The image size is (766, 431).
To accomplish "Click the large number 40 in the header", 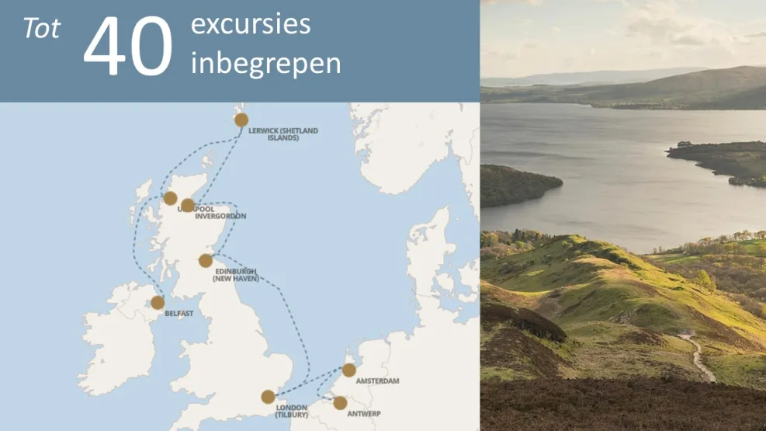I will tap(128, 48).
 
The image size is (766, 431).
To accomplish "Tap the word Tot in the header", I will tap(42, 30).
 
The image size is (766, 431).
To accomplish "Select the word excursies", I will tap(250, 25).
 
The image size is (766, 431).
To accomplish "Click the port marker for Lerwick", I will tap(241, 120).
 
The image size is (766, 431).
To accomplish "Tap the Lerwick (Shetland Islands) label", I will tap(283, 134).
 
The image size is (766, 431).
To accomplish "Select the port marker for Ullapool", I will tap(170, 198).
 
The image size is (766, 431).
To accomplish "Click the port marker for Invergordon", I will tap(188, 205).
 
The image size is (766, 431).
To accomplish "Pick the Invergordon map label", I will tap(220, 217).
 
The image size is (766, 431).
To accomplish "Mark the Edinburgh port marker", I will tap(206, 260).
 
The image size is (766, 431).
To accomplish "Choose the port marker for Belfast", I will tap(158, 302).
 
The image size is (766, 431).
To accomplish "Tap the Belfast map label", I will tap(179, 315).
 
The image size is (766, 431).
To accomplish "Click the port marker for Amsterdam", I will tap(349, 370).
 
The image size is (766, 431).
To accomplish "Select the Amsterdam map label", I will tap(377, 381).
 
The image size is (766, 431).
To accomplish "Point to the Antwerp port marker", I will tap(340, 402).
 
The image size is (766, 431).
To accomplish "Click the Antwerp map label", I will tap(363, 414).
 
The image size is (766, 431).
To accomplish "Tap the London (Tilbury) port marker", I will tap(268, 397).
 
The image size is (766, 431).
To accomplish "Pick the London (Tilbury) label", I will tap(291, 412).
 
